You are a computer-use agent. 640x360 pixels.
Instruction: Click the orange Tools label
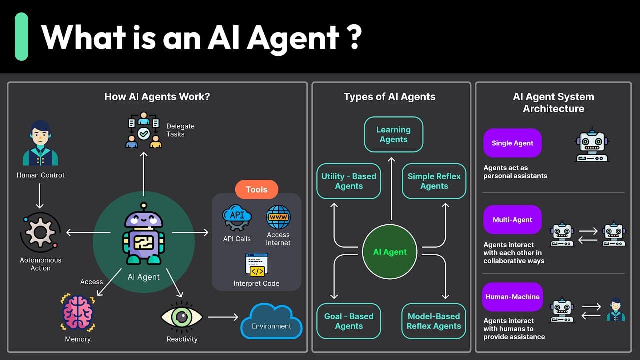click(x=256, y=190)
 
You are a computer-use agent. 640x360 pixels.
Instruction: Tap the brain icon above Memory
click(x=78, y=313)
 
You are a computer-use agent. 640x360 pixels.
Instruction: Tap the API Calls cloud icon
click(x=237, y=218)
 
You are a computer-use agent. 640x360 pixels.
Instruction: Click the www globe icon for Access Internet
click(x=278, y=217)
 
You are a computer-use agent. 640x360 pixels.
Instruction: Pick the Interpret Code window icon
click(x=257, y=265)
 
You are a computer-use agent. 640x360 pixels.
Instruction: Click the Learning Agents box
click(x=393, y=134)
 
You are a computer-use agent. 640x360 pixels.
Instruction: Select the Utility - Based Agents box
click(x=349, y=181)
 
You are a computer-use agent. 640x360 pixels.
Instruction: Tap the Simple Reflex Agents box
click(x=434, y=181)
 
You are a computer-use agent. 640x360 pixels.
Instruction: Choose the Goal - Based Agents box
click(x=349, y=321)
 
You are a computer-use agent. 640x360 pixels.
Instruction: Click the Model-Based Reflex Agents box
click(x=434, y=321)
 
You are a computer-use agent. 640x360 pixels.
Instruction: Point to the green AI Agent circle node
click(x=390, y=252)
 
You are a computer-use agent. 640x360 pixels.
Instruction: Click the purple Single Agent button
click(x=512, y=143)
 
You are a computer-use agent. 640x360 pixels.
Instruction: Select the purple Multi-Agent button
click(x=512, y=220)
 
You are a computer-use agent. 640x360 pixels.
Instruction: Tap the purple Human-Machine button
click(x=512, y=297)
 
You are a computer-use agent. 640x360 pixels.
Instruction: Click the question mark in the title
click(x=354, y=37)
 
